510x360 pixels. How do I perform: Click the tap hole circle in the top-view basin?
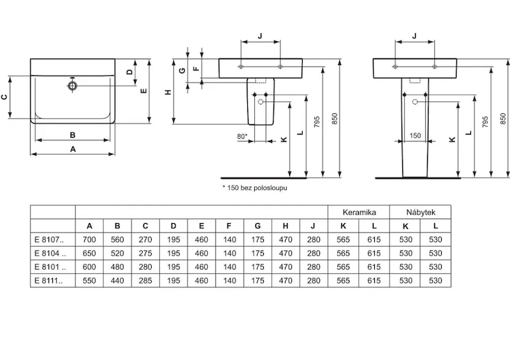73,85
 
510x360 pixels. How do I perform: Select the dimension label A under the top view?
73,149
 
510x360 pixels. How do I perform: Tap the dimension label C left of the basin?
4,97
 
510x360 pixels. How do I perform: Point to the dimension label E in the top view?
144,90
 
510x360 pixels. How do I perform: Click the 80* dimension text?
242,136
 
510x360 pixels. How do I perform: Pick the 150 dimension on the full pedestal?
415,136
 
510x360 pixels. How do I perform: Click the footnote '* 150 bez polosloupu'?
250,189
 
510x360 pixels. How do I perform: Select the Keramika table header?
359,212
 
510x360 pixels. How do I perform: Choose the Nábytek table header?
421,212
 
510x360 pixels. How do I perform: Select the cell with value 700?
89,240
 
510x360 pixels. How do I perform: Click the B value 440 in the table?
117,281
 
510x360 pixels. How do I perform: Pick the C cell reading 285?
145,281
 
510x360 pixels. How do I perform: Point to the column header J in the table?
313,226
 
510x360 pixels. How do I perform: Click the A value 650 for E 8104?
89,254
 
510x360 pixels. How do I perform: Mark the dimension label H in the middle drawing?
168,92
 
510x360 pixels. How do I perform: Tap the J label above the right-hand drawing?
415,36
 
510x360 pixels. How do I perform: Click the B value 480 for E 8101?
117,267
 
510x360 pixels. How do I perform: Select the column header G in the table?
257,226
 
